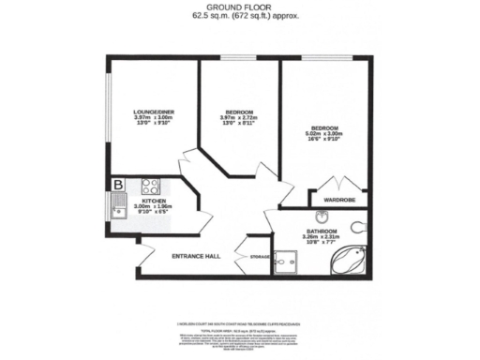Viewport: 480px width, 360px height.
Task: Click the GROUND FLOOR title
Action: tap(239, 7)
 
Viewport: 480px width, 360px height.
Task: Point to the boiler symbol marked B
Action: tap(119, 185)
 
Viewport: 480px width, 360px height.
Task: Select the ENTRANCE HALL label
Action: tap(195, 256)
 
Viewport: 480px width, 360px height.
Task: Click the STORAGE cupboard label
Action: tap(260, 256)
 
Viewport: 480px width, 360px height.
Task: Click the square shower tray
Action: tap(284, 265)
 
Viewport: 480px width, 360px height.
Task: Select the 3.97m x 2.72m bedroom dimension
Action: tap(237, 117)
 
